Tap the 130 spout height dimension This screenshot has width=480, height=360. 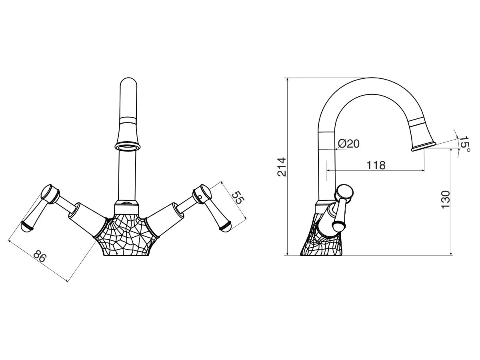pyautogui.click(x=446, y=200)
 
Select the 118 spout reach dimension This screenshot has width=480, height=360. pyautogui.click(x=376, y=165)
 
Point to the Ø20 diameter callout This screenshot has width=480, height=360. pyautogui.click(x=348, y=144)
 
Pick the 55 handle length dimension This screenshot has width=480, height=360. pyautogui.click(x=238, y=197)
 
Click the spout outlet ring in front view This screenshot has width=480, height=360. pyautogui.click(x=128, y=146)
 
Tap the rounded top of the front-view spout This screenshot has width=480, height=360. pyautogui.click(x=128, y=82)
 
